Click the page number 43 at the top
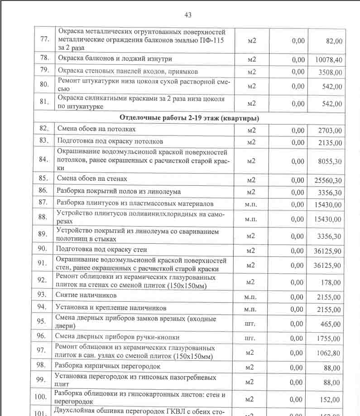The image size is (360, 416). (188, 15)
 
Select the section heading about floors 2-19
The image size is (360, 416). (189, 118)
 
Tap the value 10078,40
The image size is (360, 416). (328, 59)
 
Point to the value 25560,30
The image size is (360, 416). (328, 180)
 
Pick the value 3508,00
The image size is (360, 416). (330, 72)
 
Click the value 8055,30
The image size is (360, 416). (330, 161)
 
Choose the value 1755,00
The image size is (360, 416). (330, 338)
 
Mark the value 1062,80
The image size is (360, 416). (330, 353)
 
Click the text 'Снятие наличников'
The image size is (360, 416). (86, 295)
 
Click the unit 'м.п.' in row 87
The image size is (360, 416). (251, 204)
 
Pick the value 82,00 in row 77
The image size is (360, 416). (334, 41)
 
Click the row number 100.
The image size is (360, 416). (41, 397)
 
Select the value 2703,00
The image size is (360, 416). (330, 131)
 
